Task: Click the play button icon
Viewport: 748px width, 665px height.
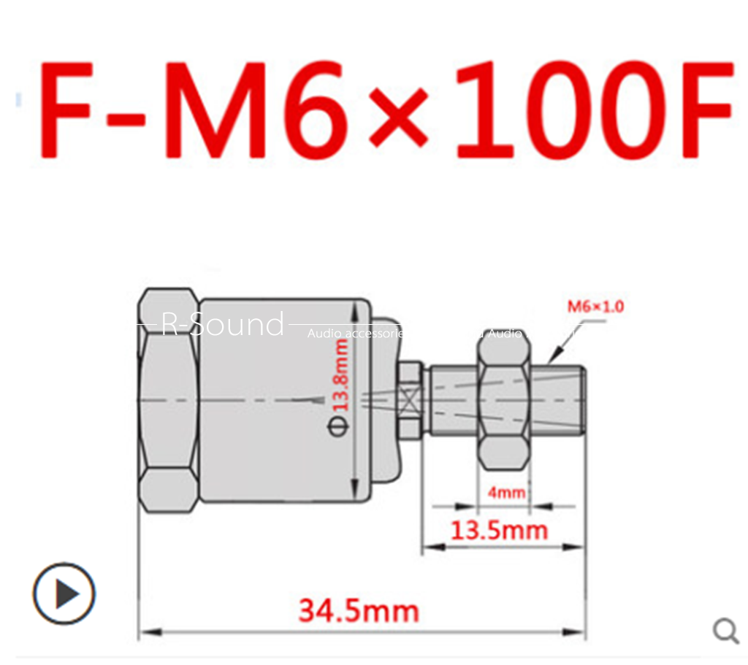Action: (64, 593)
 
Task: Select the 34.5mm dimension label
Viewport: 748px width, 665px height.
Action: (358, 610)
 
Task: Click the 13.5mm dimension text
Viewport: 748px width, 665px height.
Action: (498, 530)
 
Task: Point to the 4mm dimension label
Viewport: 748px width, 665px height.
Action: (506, 492)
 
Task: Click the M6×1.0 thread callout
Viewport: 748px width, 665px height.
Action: (595, 307)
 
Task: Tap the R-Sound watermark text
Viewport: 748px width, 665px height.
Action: (222, 325)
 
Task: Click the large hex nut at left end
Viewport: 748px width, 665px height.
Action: (169, 400)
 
